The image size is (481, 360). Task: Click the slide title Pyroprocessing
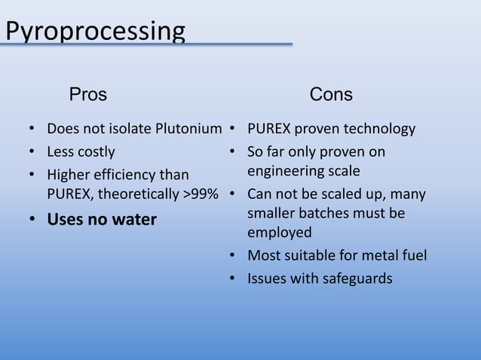(x=95, y=32)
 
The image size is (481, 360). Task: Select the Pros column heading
(x=88, y=95)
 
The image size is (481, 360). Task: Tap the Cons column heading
(x=331, y=95)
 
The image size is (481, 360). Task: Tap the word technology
(x=377, y=129)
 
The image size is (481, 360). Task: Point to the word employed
(x=279, y=233)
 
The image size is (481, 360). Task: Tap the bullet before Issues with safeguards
(x=234, y=279)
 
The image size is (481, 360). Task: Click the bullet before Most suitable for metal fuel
(x=234, y=256)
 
